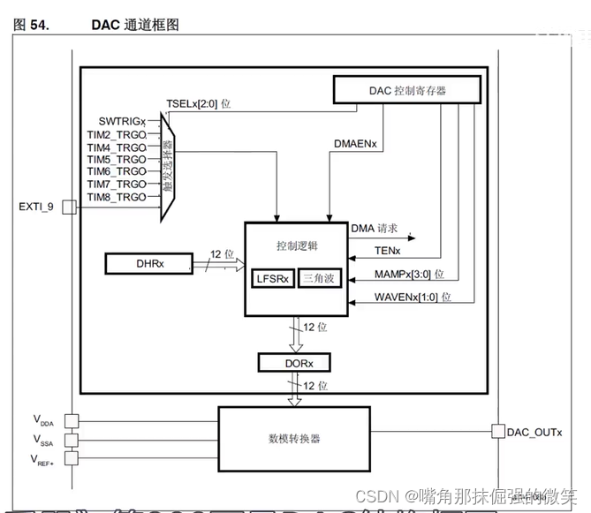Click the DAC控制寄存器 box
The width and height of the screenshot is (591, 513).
click(x=407, y=88)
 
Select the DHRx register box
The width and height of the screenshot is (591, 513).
click(x=148, y=262)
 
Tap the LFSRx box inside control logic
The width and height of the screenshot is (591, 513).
click(x=273, y=277)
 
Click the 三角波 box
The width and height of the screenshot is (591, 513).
click(x=318, y=277)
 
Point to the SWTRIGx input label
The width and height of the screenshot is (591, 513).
click(x=123, y=120)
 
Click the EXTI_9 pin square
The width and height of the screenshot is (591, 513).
click(x=69, y=207)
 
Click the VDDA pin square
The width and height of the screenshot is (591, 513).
click(x=70, y=421)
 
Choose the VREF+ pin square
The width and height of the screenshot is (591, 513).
click(x=70, y=457)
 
